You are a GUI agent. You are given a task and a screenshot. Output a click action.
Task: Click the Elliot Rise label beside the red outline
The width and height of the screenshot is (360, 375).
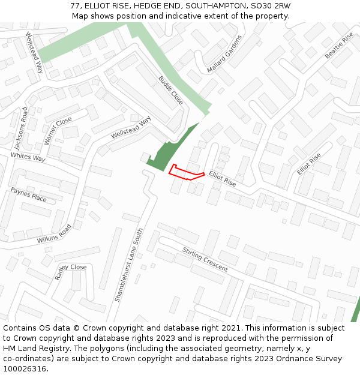click(223, 178)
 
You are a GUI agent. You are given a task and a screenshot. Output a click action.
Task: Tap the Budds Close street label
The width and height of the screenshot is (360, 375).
click(170, 90)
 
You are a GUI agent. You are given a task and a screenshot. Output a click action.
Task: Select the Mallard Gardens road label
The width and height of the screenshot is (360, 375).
click(224, 54)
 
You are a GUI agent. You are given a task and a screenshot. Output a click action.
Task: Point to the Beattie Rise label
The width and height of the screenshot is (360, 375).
click(340, 46)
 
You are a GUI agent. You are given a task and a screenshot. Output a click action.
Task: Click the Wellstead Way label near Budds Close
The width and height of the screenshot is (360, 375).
click(131, 128)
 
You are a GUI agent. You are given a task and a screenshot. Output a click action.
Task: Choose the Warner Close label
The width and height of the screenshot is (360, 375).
click(58, 131)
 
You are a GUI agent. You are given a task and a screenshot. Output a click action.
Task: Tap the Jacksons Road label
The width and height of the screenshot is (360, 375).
click(21, 128)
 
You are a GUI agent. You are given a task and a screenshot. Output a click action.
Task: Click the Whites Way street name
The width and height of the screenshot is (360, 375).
click(28, 158)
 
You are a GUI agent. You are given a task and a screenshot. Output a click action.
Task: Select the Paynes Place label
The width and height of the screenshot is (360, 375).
click(28, 194)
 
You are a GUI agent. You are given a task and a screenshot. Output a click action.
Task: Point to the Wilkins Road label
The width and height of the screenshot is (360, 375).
click(54, 233)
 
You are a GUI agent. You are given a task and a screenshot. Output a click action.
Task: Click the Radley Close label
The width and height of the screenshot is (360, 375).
click(70, 271)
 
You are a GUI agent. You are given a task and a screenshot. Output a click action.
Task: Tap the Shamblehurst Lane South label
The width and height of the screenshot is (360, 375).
click(129, 264)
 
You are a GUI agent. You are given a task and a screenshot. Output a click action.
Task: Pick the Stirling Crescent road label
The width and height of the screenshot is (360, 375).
click(205, 259)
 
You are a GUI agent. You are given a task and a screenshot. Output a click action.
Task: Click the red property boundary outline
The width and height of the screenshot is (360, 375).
click(187, 173)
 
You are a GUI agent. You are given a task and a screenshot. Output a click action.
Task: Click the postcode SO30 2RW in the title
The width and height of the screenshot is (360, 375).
click(268, 5)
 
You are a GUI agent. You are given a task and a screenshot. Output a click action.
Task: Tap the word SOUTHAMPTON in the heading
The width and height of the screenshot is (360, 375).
click(214, 5)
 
